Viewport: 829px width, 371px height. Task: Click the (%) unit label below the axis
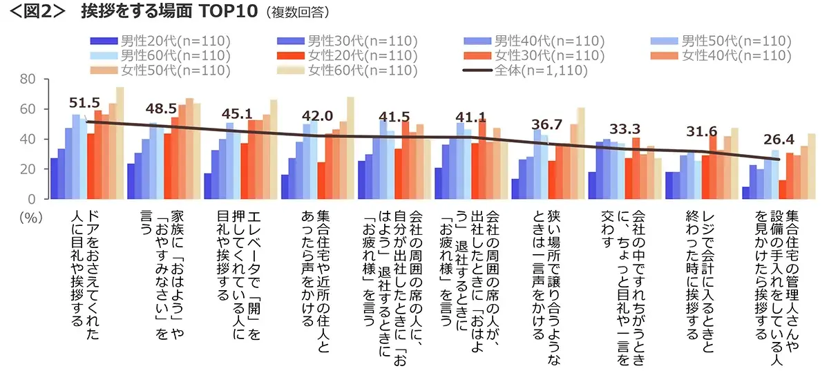[x=28, y=216]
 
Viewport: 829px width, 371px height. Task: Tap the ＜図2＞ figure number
[x=35, y=12]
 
